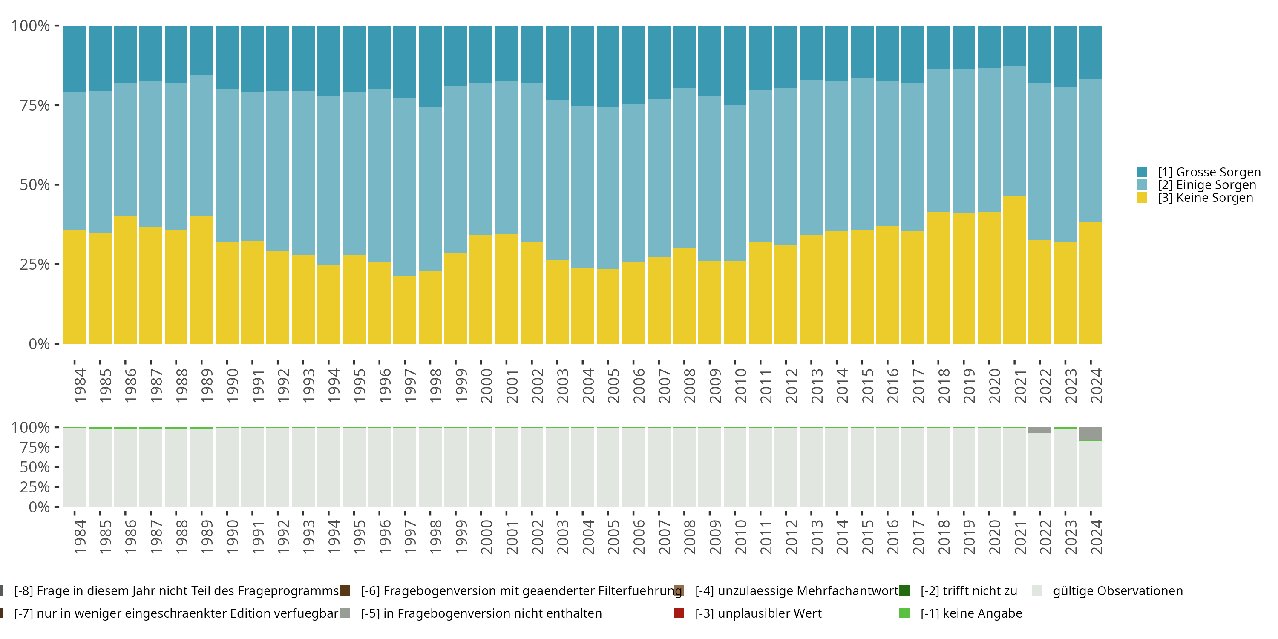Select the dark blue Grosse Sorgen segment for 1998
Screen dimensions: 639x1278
click(430, 66)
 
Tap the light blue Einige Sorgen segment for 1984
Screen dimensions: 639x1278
click(75, 161)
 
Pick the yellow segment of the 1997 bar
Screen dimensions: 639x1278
click(404, 310)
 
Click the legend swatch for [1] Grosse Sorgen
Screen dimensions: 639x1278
click(1142, 172)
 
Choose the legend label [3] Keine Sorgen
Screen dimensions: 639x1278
click(1205, 198)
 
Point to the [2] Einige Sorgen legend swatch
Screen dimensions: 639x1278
click(1142, 185)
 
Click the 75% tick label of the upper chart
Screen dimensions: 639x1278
click(35, 105)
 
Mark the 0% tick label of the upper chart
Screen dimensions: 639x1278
click(39, 344)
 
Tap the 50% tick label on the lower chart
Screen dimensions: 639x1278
click(35, 467)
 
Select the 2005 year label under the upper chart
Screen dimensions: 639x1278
click(613, 386)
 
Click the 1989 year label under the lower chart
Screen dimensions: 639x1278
click(206, 537)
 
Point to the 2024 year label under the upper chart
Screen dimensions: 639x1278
click(1096, 386)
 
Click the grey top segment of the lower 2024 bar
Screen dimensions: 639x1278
click(1091, 434)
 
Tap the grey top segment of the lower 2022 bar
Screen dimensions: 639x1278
click(1039, 430)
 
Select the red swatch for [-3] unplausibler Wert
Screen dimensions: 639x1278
click(679, 613)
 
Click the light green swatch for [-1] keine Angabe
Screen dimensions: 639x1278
click(904, 613)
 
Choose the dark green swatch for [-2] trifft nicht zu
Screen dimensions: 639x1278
click(904, 591)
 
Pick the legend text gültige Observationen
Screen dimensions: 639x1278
click(1117, 591)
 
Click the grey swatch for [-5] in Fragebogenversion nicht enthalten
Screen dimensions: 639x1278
click(344, 613)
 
